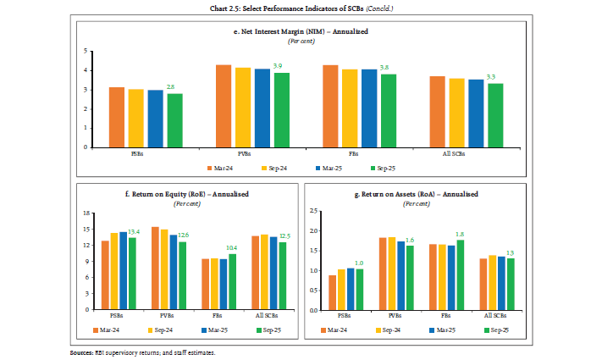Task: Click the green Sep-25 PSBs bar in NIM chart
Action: pos(174,120)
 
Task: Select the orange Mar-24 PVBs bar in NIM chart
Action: pos(224,106)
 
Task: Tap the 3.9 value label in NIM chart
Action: pos(277,66)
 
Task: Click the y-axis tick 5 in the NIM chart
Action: pos(86,51)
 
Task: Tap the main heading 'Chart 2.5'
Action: pos(301,8)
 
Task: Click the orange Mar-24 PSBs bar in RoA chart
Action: pos(333,293)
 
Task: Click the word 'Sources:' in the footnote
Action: pos(83,352)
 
